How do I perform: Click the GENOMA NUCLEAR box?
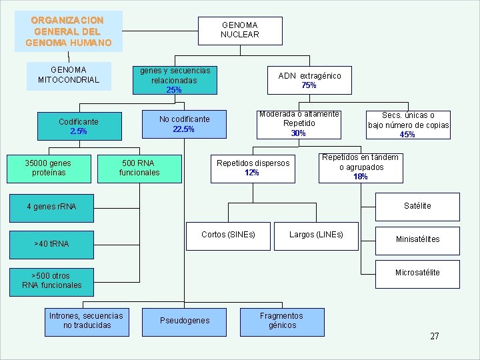240,30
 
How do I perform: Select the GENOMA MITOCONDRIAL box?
69,75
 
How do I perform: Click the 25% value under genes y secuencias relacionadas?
173,90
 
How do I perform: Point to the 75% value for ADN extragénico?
309,85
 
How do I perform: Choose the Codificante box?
78,127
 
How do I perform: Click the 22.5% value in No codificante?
184,129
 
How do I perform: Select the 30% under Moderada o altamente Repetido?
298,133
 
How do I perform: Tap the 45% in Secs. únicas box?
407,135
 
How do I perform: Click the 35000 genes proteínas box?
48,168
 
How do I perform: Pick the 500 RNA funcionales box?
139,168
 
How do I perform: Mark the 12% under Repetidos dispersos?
252,173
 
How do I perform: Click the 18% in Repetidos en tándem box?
360,177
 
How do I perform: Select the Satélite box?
417,206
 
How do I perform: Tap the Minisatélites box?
417,239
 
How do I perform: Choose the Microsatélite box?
417,273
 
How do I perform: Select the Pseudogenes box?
185,321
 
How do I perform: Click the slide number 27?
435,336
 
